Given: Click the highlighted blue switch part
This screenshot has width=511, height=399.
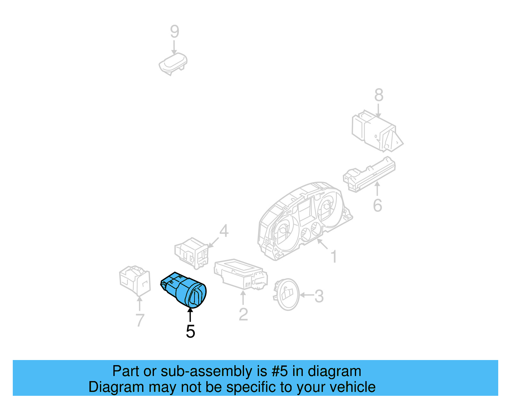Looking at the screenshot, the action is pyautogui.click(x=184, y=290).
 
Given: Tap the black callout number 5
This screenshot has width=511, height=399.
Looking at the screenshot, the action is pyautogui.click(x=190, y=332).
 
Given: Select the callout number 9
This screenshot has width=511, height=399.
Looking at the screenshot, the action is pyautogui.click(x=174, y=32).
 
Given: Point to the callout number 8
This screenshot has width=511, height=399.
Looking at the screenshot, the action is pyautogui.click(x=379, y=95).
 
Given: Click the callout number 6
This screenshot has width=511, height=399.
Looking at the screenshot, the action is pyautogui.click(x=378, y=205).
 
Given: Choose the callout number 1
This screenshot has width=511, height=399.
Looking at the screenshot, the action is pyautogui.click(x=334, y=257).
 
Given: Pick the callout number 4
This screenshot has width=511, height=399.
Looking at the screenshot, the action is pyautogui.click(x=224, y=231).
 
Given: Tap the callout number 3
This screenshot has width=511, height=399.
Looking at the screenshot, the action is pyautogui.click(x=319, y=296).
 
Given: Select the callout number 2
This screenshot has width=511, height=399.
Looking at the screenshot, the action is pyautogui.click(x=243, y=314).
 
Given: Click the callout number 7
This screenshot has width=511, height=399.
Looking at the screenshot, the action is pyautogui.click(x=140, y=320).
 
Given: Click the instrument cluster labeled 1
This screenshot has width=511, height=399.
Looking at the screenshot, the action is pyautogui.click(x=305, y=221).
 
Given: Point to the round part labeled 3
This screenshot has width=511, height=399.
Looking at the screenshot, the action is pyautogui.click(x=286, y=295).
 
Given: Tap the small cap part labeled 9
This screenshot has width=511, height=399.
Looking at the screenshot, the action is pyautogui.click(x=173, y=64).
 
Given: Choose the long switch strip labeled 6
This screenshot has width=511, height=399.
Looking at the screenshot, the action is pyautogui.click(x=369, y=174).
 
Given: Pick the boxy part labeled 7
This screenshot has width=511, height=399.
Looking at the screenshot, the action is pyautogui.click(x=135, y=281).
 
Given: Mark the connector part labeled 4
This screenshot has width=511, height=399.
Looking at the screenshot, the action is pyautogui.click(x=192, y=253).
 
